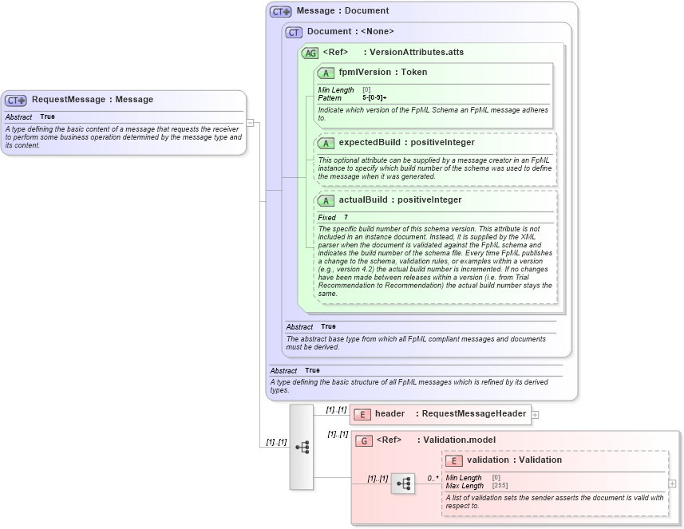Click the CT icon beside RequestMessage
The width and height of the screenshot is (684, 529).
[x=16, y=101]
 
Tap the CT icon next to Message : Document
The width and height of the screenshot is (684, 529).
[x=281, y=11]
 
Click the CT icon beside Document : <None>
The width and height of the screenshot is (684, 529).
[x=294, y=32]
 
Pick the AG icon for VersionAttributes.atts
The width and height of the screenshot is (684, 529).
[x=310, y=53]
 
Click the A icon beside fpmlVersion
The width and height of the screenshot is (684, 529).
[x=326, y=73]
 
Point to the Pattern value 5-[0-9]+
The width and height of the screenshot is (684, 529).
[x=374, y=97]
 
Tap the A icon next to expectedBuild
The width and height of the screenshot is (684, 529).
[x=326, y=143]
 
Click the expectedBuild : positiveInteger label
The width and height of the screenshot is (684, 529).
[x=406, y=143]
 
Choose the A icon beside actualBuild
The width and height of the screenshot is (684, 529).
[x=326, y=200]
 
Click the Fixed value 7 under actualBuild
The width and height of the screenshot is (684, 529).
[x=346, y=218]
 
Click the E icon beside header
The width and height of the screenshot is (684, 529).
[x=362, y=414]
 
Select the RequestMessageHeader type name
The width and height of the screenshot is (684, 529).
[x=473, y=413]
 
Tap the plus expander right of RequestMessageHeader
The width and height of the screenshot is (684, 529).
[x=536, y=414]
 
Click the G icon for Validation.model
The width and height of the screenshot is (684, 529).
[x=364, y=440]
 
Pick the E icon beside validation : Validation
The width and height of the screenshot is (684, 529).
[x=454, y=460]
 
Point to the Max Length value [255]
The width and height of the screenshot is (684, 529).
[x=500, y=485]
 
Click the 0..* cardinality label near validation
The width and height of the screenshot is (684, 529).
[x=433, y=478]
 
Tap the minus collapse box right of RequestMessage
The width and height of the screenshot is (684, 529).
[x=250, y=123]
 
